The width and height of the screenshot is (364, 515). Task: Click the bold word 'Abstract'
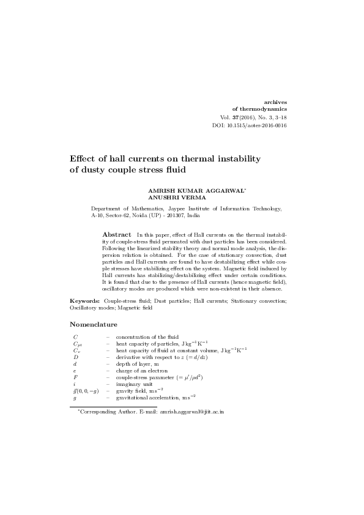coord(116,234)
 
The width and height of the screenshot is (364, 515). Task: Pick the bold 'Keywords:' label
coord(84,302)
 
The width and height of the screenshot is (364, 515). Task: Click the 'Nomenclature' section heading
coord(94,324)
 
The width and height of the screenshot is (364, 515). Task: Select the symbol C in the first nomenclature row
coord(75,337)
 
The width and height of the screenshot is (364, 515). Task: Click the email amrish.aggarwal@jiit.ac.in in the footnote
coord(192,412)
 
